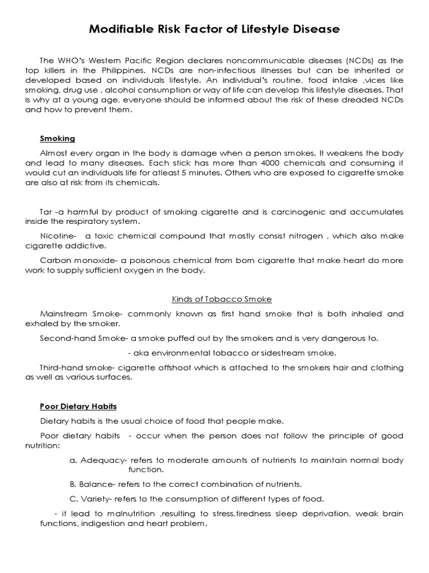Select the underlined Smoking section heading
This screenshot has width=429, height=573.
(x=57, y=138)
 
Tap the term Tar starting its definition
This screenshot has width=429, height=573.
(x=46, y=212)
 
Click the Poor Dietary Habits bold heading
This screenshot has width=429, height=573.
(x=78, y=406)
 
